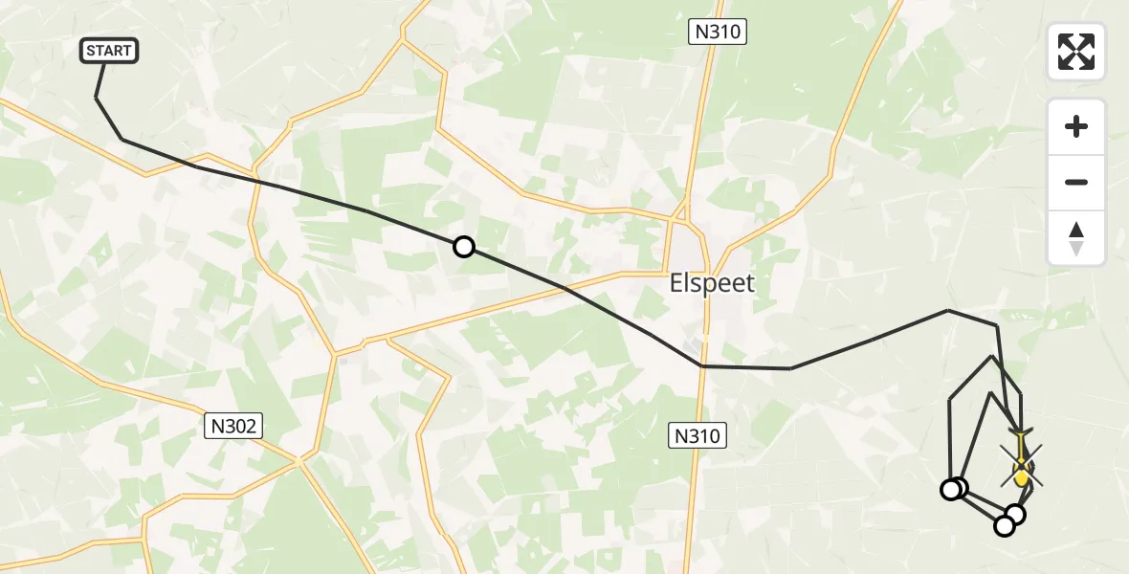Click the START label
pyautogui.click(x=110, y=51)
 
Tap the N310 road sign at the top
pyautogui.click(x=718, y=32)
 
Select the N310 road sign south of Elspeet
pyautogui.click(x=697, y=437)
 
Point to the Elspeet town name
pyautogui.click(x=711, y=283)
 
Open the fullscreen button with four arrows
pyautogui.click(x=1076, y=52)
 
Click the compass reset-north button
pyautogui.click(x=1076, y=238)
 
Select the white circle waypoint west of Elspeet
pyautogui.click(x=464, y=247)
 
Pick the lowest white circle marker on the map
pyautogui.click(x=1005, y=525)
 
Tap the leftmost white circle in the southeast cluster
pyautogui.click(x=950, y=490)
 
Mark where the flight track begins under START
pyautogui.click(x=97, y=97)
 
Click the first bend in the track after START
pyautogui.click(x=122, y=140)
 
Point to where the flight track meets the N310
pyautogui.click(x=703, y=365)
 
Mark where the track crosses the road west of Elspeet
pyautogui.click(x=564, y=287)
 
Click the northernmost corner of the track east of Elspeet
pyautogui.click(x=947, y=310)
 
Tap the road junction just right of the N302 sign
pyautogui.click(x=299, y=461)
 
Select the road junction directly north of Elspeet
pyautogui.click(x=681, y=218)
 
